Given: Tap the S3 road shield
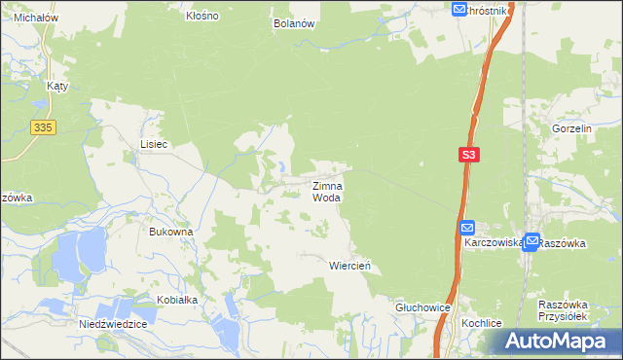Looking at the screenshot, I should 469,155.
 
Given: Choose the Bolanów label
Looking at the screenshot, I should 295,22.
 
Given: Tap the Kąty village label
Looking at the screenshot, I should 56,86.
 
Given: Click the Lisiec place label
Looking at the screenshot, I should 154,144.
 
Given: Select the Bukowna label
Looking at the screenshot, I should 171,232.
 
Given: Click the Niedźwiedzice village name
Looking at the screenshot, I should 114,323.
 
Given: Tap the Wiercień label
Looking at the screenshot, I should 350,265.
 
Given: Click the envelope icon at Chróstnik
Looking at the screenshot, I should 459,9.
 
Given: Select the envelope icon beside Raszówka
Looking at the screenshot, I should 531,243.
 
